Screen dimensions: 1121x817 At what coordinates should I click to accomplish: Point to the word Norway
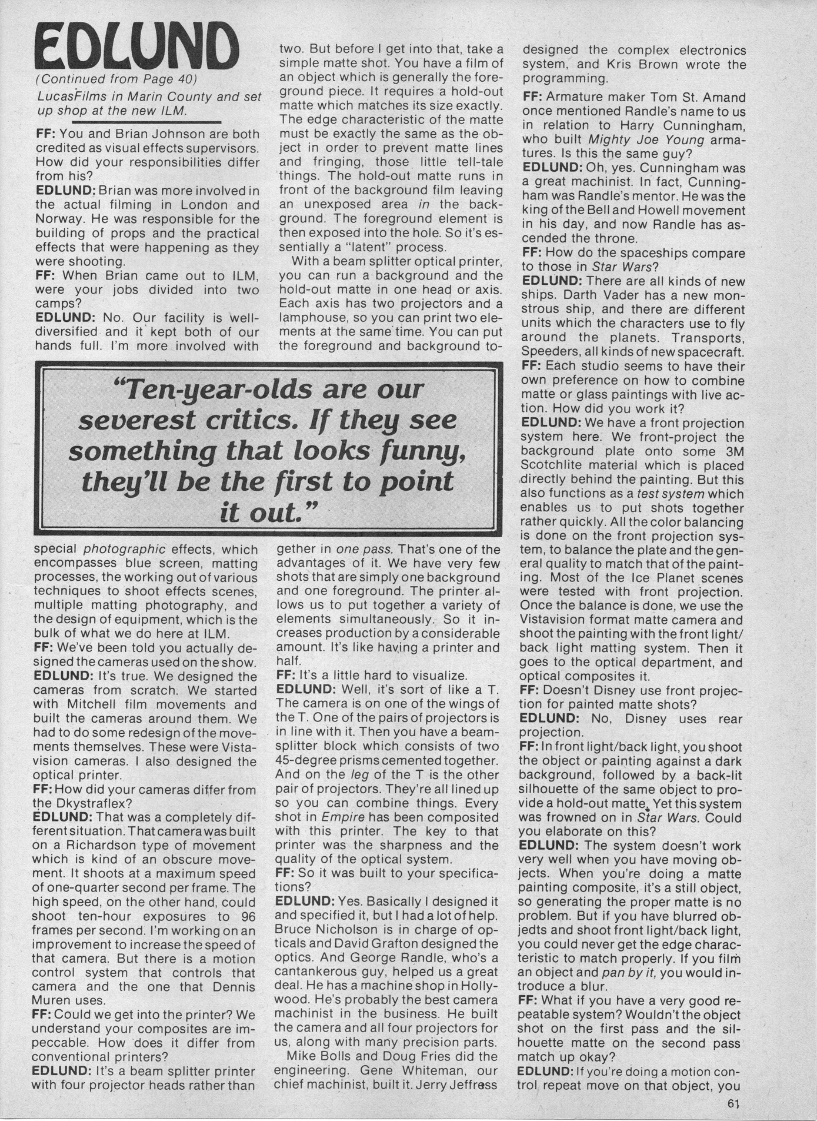[58, 219]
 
